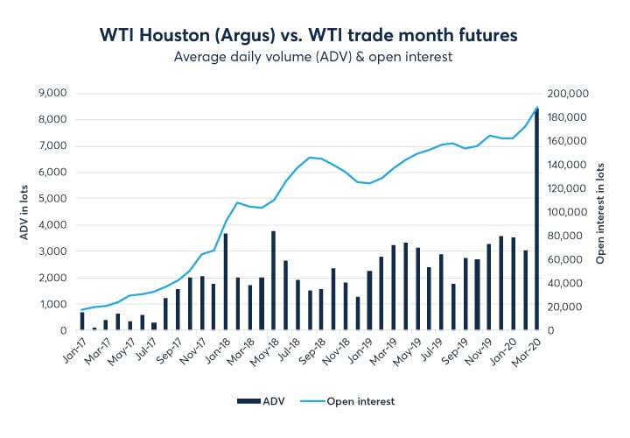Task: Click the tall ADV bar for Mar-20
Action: (536, 219)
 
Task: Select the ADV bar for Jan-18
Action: (226, 282)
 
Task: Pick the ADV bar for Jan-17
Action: (82, 321)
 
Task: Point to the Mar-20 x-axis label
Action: (532, 349)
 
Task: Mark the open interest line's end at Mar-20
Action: (536, 108)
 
